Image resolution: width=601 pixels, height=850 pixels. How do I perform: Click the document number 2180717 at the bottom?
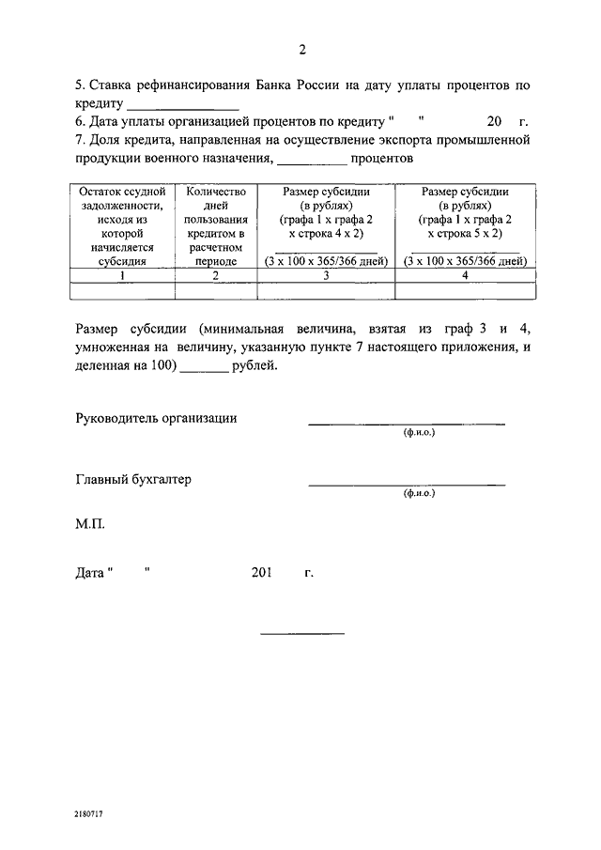[x=89, y=815]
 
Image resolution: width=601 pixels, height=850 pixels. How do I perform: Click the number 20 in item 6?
[x=495, y=122]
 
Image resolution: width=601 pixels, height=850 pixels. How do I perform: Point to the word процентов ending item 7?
[x=383, y=159]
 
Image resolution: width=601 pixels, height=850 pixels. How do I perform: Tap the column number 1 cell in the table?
[x=122, y=275]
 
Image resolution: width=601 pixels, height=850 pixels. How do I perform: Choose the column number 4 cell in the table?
[x=465, y=275]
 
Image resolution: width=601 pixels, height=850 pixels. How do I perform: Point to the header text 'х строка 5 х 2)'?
[x=465, y=233]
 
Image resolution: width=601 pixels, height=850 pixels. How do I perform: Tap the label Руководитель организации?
[x=156, y=418]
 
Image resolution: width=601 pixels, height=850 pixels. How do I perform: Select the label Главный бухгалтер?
[x=132, y=479]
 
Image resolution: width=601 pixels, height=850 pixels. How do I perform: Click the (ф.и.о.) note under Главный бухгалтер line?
[x=419, y=492]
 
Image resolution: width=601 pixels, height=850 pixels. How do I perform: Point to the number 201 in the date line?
[x=261, y=572]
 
